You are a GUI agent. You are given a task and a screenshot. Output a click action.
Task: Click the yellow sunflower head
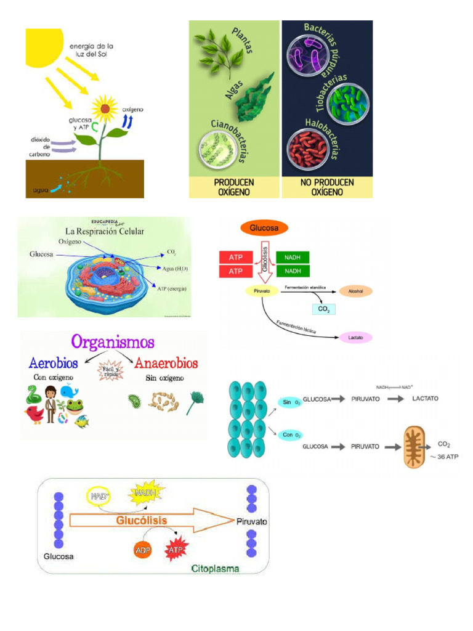coord(105,108)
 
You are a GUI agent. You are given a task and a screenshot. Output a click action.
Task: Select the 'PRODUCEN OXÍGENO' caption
coord(234,187)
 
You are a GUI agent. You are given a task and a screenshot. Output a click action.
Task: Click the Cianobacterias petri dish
coord(214,150)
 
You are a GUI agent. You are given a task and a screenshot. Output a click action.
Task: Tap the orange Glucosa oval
coord(264,228)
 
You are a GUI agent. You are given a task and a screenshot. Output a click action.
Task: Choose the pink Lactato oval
coord(355,338)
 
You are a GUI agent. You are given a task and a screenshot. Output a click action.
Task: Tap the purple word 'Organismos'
coord(113,342)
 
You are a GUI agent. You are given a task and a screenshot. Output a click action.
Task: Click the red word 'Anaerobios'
coord(166,362)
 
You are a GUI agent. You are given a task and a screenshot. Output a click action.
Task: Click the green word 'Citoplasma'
coord(215,568)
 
